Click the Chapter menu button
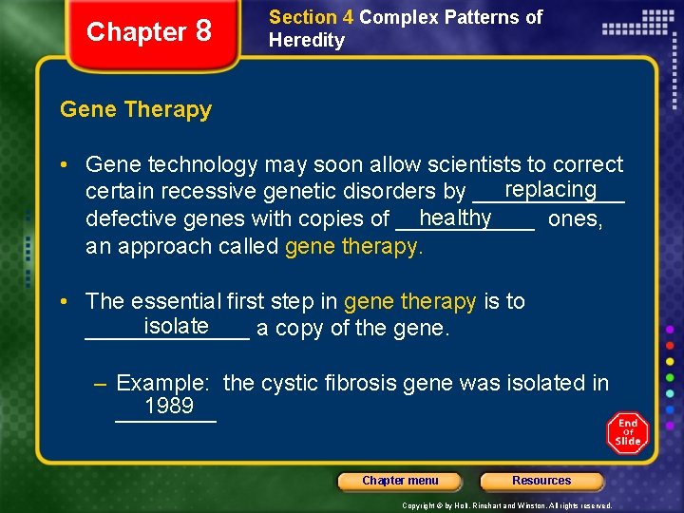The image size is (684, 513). [400, 481]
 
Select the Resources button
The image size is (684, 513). [541, 481]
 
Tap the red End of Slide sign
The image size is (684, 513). [627, 432]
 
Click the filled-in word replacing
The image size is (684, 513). [551, 189]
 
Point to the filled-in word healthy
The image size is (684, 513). [455, 218]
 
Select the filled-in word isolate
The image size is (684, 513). [177, 326]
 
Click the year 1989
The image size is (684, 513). [169, 407]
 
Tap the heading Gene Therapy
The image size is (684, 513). [136, 109]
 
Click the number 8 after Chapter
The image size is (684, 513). [203, 31]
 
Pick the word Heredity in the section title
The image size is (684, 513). [307, 40]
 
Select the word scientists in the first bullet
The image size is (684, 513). [476, 164]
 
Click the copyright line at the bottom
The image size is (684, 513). [507, 505]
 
